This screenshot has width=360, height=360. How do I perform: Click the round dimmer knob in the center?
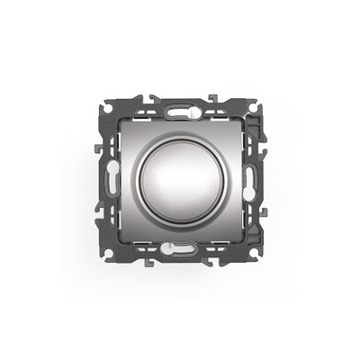pyautogui.click(x=180, y=180)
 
